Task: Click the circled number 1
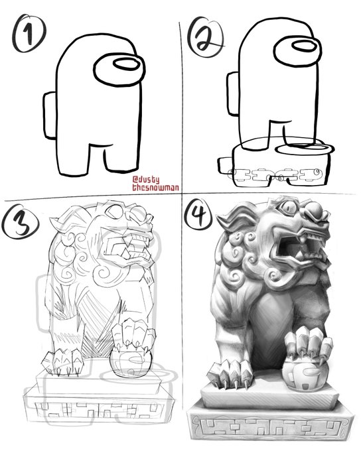point(29,33)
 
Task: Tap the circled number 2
point(206,37)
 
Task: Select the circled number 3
point(20,222)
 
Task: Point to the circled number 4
point(199,214)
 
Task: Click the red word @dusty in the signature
point(146,180)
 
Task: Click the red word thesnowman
point(155,188)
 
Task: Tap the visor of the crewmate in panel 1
point(119,70)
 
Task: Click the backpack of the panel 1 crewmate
point(50,115)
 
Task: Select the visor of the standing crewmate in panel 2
point(297,52)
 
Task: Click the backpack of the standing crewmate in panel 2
point(233,94)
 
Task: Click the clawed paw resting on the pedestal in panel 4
point(230,373)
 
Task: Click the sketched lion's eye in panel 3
point(115,211)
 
